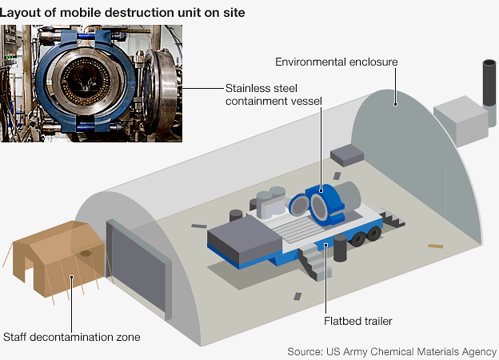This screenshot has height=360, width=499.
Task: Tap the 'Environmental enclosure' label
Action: [x=336, y=62]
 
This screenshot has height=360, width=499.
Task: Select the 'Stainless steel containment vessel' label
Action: [x=271, y=94]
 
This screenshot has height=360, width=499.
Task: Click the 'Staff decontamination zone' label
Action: [x=72, y=337]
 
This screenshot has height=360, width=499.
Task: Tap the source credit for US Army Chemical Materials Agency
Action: [x=392, y=351]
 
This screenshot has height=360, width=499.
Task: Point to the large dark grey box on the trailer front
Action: [x=240, y=240]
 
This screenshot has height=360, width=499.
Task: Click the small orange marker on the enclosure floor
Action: [x=435, y=246]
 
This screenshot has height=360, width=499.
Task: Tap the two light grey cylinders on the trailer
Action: [x=273, y=200]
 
